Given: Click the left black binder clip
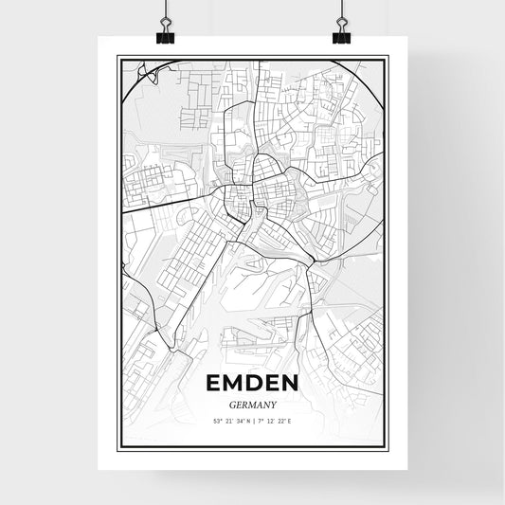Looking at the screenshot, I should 165,35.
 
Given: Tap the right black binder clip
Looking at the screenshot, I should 341,35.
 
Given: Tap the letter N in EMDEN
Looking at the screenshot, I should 291,383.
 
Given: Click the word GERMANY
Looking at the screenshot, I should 251,403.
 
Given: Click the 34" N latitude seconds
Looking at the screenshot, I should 243,421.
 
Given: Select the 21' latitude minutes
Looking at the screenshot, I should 230,421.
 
